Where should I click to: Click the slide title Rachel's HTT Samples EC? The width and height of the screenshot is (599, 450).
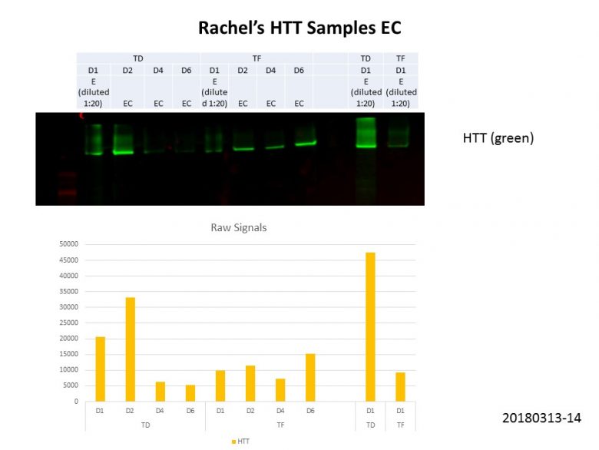(x=299, y=28)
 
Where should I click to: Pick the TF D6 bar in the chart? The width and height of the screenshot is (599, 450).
(x=310, y=377)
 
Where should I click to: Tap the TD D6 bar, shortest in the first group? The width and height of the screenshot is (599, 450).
(x=190, y=392)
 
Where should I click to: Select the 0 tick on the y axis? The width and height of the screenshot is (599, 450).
(x=75, y=402)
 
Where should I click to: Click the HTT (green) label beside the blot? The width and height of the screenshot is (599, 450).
(x=498, y=138)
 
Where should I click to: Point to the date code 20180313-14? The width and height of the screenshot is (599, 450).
(x=541, y=419)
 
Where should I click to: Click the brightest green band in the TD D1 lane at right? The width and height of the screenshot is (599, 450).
(x=366, y=145)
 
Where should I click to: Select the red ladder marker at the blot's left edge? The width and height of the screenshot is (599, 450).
(x=68, y=193)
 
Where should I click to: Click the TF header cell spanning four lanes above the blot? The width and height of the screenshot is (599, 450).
(x=256, y=58)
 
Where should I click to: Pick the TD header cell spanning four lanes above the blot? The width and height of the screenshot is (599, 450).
(x=138, y=58)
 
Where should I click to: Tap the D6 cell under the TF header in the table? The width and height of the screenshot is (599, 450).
(x=299, y=71)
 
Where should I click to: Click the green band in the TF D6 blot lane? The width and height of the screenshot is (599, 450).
(x=305, y=143)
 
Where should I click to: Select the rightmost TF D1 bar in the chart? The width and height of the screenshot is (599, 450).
(x=400, y=386)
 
